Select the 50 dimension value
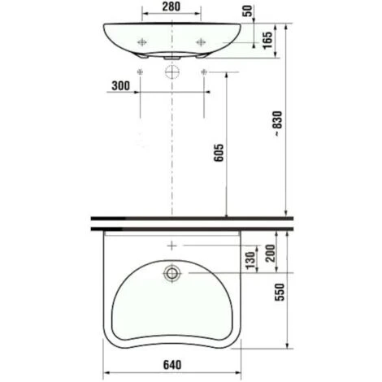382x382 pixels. tap(247, 13)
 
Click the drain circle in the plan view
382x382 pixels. tap(171, 274)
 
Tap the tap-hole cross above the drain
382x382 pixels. tap(171, 245)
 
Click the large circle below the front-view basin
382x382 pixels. tap(171, 72)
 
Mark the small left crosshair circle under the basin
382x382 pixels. tap(141, 72)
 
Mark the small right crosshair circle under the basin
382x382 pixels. tap(202, 72)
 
